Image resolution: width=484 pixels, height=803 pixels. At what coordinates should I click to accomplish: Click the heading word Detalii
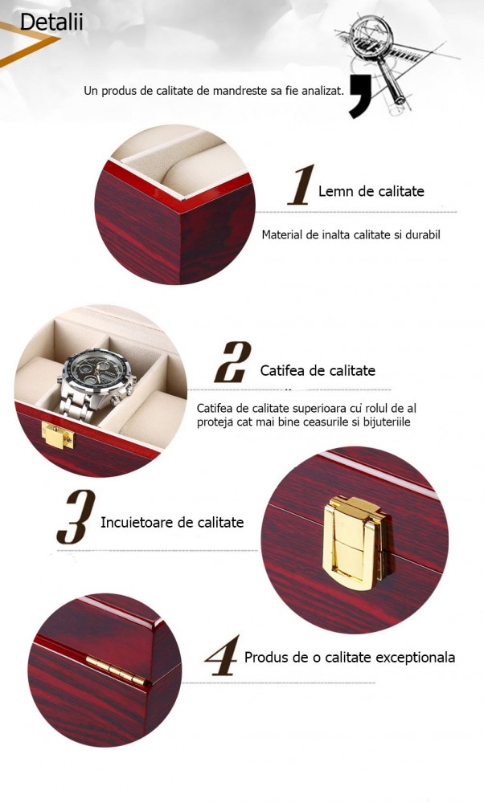click(51, 22)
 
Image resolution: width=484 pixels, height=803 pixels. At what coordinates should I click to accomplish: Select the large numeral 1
click(301, 185)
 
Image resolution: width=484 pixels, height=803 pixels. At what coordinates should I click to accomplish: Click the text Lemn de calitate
click(371, 191)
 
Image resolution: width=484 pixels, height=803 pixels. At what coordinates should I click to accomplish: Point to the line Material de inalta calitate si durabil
click(351, 234)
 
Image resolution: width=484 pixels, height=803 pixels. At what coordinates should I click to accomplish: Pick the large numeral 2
click(233, 362)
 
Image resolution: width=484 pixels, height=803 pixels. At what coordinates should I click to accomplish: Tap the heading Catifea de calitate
click(318, 370)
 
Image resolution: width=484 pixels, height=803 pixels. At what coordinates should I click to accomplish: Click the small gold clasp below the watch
click(57, 434)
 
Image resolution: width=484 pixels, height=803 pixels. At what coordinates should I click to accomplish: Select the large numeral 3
click(76, 516)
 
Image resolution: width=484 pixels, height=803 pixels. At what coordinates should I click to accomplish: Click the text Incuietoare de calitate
click(172, 523)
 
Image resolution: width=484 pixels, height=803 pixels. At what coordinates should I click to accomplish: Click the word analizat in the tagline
click(322, 91)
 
